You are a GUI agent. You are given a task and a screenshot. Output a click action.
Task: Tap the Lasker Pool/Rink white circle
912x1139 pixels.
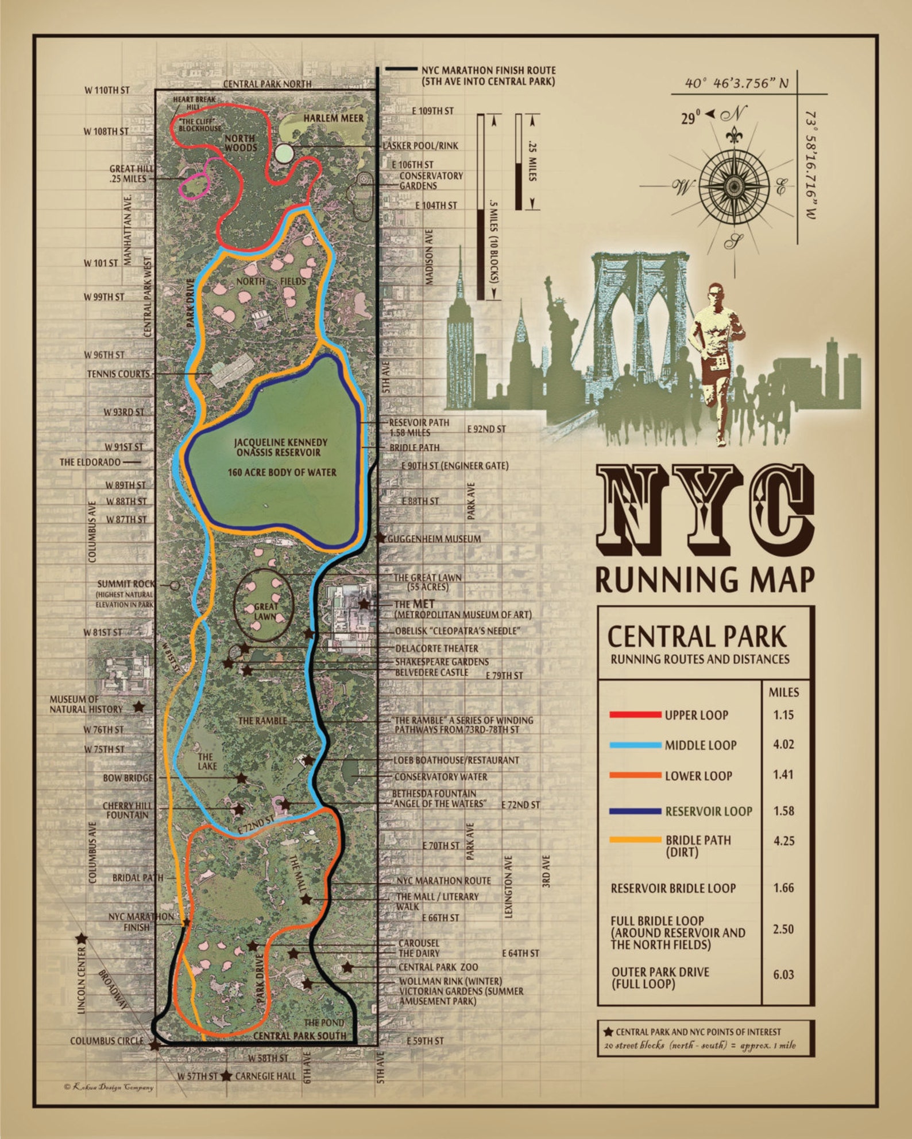click(284, 153)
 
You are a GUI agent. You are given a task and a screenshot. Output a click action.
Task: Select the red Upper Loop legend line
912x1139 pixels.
click(635, 715)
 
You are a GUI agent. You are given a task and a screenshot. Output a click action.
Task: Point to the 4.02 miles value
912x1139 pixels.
click(783, 745)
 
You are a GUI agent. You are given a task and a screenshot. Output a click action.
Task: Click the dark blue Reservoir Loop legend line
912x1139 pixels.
click(635, 811)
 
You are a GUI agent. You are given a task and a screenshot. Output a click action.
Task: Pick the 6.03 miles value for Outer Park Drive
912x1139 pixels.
click(783, 975)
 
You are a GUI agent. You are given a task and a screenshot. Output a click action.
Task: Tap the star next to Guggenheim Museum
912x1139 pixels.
click(380, 539)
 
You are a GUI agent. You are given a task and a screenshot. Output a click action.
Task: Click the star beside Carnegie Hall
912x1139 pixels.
click(227, 1076)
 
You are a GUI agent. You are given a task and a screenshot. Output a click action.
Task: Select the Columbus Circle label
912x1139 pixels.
click(107, 1041)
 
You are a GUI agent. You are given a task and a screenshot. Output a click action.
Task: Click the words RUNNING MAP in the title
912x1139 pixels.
click(705, 580)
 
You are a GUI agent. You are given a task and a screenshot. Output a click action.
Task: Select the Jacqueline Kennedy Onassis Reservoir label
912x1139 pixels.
click(281, 448)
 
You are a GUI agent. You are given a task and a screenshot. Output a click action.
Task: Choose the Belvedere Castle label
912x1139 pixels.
click(431, 672)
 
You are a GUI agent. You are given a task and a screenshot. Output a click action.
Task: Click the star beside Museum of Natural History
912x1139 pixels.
click(138, 707)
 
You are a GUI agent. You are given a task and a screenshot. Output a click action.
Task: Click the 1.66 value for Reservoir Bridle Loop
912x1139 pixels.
click(783, 888)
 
